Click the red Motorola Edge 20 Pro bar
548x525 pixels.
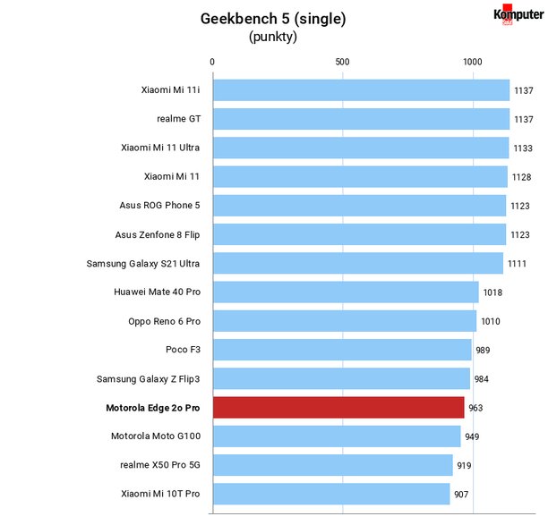(338, 407)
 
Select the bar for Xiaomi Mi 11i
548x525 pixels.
(362, 90)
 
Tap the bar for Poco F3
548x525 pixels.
(342, 350)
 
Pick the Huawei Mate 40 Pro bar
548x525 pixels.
(346, 292)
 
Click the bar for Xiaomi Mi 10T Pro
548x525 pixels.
(331, 494)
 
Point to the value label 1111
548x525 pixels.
(517, 264)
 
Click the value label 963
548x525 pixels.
(475, 408)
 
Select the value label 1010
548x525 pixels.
(491, 321)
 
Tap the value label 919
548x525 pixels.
(464, 465)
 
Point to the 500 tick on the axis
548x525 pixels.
(342, 62)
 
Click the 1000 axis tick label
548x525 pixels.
(473, 62)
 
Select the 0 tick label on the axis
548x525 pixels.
(212, 62)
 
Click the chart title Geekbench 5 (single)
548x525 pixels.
(273, 19)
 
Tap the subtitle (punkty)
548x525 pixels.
(273, 37)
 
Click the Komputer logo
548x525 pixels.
(518, 14)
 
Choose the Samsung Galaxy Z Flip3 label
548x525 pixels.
(148, 378)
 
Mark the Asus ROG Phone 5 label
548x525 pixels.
(159, 205)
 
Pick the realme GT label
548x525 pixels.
(178, 119)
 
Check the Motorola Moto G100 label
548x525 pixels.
(156, 436)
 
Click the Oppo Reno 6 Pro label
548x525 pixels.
(164, 321)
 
